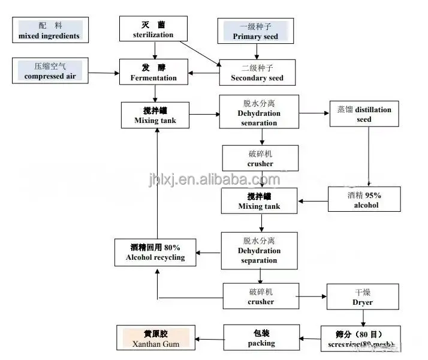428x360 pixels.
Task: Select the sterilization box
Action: click(154, 29)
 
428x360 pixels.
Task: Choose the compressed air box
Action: click(49, 71)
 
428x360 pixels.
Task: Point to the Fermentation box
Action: click(154, 73)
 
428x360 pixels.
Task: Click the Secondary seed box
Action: click(257, 73)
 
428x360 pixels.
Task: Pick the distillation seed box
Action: click(363, 115)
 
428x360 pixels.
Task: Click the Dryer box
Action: click(363, 297)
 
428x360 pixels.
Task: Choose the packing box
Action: click(261, 338)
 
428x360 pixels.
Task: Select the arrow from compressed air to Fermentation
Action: click(103, 73)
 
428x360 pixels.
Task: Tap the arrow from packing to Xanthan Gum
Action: click(210, 340)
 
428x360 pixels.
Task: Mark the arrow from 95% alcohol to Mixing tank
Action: click(314, 202)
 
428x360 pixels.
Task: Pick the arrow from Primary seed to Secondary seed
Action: click(256, 50)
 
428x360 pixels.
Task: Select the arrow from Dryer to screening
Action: click(363, 318)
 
